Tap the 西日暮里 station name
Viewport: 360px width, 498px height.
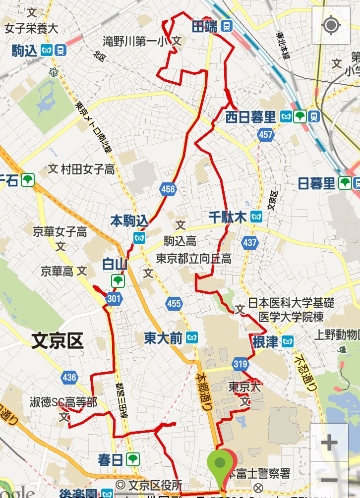click(x=250, y=117)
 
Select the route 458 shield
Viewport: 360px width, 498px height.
click(x=168, y=189)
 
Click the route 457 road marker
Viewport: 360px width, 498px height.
click(x=265, y=135)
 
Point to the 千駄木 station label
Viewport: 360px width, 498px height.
click(x=228, y=217)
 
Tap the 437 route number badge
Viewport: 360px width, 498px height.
click(x=250, y=243)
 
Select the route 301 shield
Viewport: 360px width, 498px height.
click(x=114, y=298)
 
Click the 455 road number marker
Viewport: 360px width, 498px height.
click(x=174, y=303)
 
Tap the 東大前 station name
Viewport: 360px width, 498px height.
click(x=163, y=338)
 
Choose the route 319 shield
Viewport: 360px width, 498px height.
click(x=240, y=365)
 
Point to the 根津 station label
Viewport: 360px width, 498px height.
click(x=265, y=341)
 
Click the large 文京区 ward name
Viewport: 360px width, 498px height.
click(x=57, y=341)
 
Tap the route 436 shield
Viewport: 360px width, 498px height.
click(x=69, y=378)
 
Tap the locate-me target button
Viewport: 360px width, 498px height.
click(x=331, y=25)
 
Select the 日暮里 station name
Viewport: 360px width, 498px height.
click(x=317, y=183)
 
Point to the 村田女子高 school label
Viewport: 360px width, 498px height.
click(x=87, y=169)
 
